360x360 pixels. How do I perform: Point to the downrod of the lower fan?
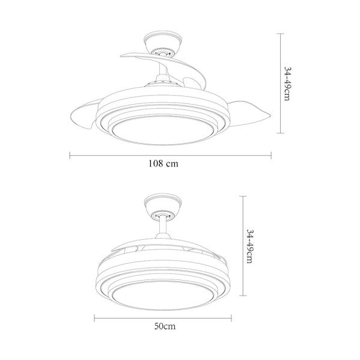163,232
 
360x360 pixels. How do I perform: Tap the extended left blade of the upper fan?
84,117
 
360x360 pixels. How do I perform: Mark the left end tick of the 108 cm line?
70,155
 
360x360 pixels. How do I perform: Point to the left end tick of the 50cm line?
95,319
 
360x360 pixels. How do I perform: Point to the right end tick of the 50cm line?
231,319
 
